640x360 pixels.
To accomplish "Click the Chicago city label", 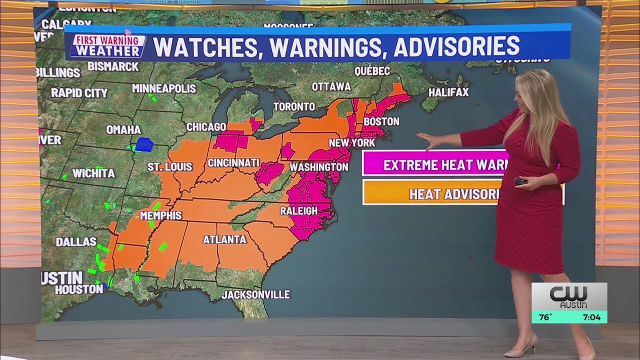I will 206,127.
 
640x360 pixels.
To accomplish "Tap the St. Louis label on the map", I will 169,166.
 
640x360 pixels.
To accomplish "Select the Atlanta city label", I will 224,239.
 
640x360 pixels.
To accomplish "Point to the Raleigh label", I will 298,210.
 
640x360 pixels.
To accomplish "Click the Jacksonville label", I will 255,294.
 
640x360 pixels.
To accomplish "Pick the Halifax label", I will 448,92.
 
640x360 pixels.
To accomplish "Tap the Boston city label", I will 381,121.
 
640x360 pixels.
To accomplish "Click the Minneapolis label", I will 163,88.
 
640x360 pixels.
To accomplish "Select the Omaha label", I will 123,129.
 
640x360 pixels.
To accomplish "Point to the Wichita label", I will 93,173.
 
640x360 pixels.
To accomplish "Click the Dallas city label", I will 76,241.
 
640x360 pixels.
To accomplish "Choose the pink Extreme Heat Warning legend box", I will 435,164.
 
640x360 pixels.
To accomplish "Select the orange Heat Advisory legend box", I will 435,193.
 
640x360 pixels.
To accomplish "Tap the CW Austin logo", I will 569,296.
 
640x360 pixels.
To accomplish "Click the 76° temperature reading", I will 545,317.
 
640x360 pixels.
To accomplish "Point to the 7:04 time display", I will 591,317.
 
